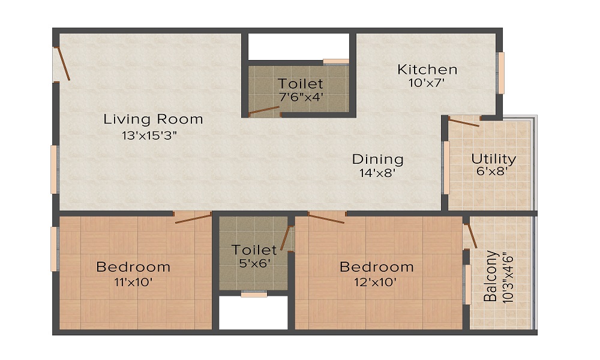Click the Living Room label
[153, 119]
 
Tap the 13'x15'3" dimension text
[149, 135]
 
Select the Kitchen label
[427, 70]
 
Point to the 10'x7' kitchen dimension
[426, 84]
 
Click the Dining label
[377, 160]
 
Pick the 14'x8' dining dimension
[377, 174]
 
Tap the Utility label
[493, 159]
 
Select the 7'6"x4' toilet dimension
[301, 97]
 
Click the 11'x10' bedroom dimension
[133, 282]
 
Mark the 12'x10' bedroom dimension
[377, 282]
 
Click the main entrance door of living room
[62, 64]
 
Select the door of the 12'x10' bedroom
[326, 217]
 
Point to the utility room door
[464, 122]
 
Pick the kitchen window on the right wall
[501, 73]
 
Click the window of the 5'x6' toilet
[254, 294]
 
